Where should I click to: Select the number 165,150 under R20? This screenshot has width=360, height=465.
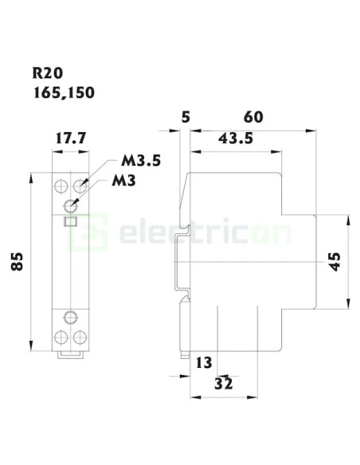[x=63, y=92]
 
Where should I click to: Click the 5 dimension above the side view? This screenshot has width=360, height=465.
[x=186, y=118]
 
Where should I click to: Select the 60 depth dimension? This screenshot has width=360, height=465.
[x=252, y=118]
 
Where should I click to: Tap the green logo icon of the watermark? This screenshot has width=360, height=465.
[x=101, y=233]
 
